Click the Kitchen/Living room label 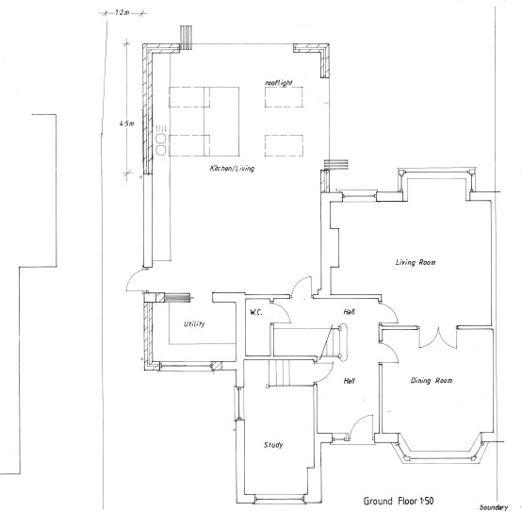pos(232,169)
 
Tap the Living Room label pos(416,262)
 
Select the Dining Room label pos(432,381)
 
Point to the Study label pos(273,445)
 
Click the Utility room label pos(194,324)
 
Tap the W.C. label pos(256,312)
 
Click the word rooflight pos(279,83)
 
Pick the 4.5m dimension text pos(126,124)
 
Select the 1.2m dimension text pos(122,13)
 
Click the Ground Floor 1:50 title pos(399,501)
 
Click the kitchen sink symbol pos(161,144)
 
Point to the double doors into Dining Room pos(438,338)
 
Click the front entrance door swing pos(360,425)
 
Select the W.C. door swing pos(282,310)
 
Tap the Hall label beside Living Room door pos(350,312)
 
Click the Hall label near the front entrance pos(350,381)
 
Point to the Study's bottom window pos(280,500)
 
